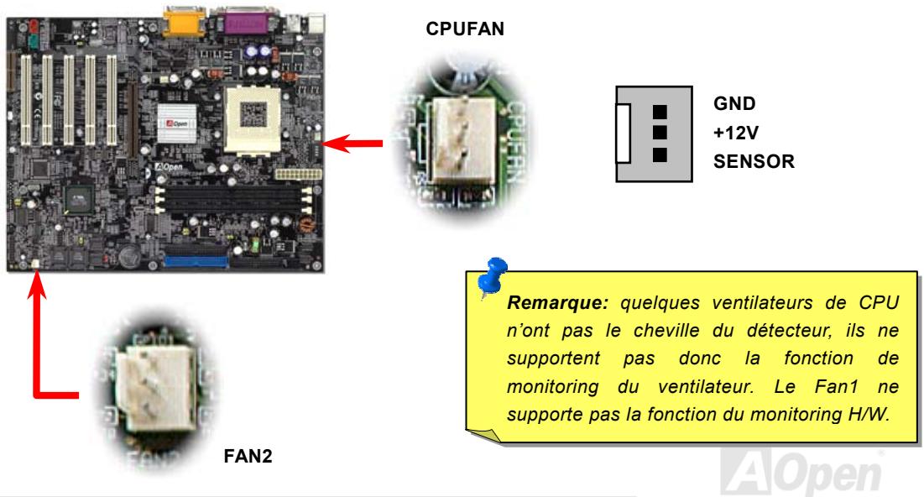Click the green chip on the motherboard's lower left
81,198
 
